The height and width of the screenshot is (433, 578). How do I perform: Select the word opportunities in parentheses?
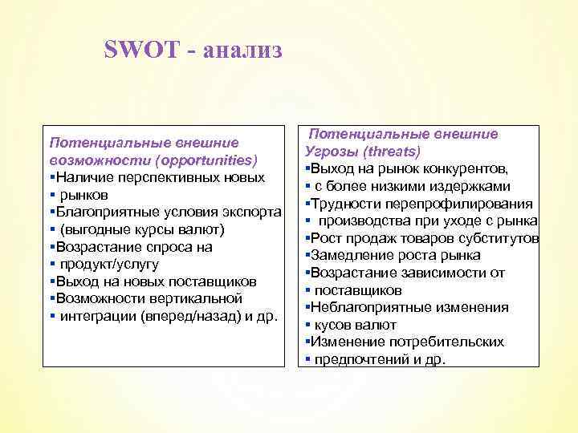206,160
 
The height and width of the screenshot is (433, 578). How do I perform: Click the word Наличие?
83,176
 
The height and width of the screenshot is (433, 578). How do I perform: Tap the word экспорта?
249,212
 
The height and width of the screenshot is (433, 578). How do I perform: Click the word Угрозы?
330,152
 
